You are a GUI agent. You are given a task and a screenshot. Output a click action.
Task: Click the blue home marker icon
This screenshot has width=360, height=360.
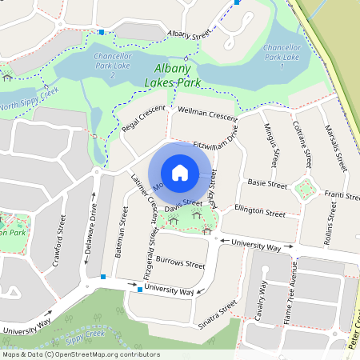(180, 173)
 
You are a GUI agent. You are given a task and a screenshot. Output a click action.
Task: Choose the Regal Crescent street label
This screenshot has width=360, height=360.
(143, 119)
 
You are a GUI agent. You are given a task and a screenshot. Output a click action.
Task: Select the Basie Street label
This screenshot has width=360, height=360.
(267, 184)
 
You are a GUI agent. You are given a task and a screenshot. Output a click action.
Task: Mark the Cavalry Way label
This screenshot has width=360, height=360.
(263, 299)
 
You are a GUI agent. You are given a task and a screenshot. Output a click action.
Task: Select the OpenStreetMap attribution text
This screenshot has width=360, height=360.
(70, 353)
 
